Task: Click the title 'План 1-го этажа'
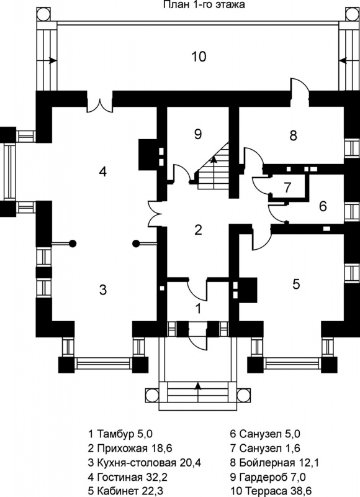(204, 4)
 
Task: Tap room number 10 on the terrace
(199, 57)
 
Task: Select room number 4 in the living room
(102, 172)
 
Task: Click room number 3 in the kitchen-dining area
(103, 290)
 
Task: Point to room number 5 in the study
(296, 285)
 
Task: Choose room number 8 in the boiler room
(293, 135)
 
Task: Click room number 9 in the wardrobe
(197, 134)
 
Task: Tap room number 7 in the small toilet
(287, 188)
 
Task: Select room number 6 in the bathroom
(323, 206)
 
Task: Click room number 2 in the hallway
(198, 230)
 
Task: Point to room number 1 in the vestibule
(199, 308)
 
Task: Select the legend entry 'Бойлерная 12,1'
(274, 463)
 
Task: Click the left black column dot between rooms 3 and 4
(73, 244)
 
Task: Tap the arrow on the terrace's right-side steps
(343, 60)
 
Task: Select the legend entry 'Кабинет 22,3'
(126, 491)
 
